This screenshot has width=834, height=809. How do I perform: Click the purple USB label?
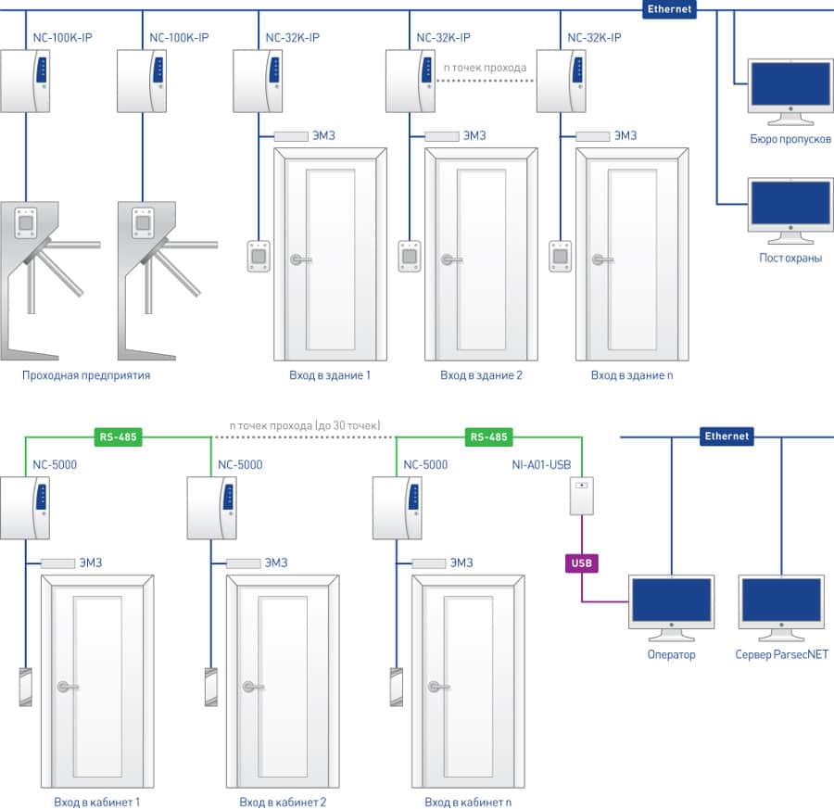click(x=581, y=563)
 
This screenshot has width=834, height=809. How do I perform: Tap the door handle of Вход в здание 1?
click(x=299, y=260)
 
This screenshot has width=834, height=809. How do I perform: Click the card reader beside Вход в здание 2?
click(x=409, y=255)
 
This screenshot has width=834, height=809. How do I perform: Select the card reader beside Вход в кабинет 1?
click(x=25, y=687)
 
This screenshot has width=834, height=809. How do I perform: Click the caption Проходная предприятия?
click(x=86, y=376)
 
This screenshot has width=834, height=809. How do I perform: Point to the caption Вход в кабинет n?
click(x=468, y=802)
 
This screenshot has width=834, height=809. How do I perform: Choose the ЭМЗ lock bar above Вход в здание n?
click(x=592, y=136)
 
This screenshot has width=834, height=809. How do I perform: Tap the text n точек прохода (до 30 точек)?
click(x=305, y=425)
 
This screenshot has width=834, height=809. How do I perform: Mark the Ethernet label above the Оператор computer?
click(x=727, y=436)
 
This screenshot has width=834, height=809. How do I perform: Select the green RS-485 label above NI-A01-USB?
click(x=488, y=436)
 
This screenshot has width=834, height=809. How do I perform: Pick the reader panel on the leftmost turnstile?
click(x=25, y=221)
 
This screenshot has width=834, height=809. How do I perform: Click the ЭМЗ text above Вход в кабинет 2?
click(x=276, y=563)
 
